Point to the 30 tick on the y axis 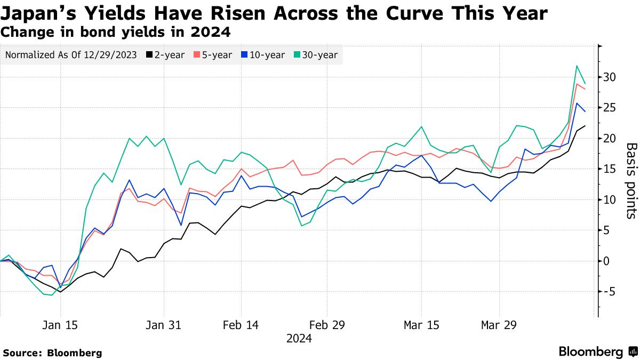point(610,77)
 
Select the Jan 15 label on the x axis point(60,325)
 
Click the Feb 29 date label point(327,325)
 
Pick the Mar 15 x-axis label point(421,325)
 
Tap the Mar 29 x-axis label point(499,325)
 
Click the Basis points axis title point(630,180)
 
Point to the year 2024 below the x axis point(299,339)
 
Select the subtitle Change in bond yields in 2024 point(116,32)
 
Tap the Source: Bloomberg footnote point(52,353)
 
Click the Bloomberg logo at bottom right point(597,351)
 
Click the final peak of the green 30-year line point(577,66)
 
